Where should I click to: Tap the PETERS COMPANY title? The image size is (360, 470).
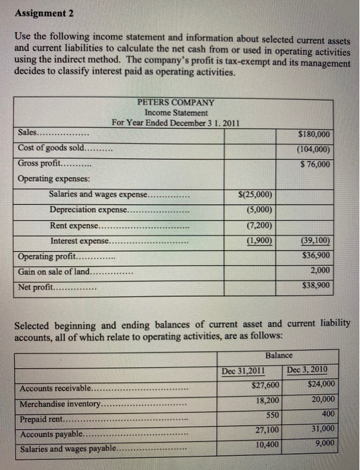click(175, 102)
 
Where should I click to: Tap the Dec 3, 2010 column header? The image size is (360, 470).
click(310, 369)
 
